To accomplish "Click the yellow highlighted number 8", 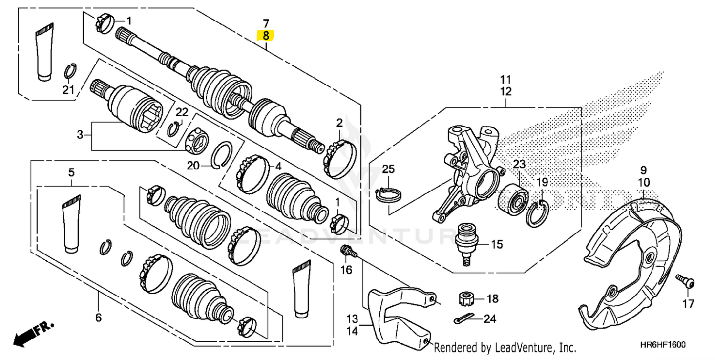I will pos(266,35).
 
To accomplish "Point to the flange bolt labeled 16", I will pos(347,252).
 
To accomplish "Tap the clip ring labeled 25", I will pos(389,193).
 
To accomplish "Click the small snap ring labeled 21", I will pos(70,71).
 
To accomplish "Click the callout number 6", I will pos(98,318).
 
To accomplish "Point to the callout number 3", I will pos(80,135).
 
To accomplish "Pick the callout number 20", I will pos(193,166).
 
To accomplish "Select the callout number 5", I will pos(71,172).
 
